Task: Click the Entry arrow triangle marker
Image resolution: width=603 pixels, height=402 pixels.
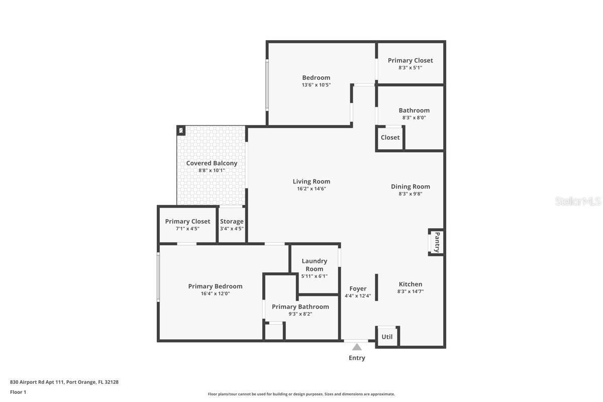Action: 357,347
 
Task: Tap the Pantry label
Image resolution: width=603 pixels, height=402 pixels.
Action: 437,242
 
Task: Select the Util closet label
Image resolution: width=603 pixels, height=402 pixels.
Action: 387,337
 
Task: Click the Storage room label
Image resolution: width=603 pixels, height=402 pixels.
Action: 232,221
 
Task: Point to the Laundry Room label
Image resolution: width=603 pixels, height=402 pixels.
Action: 315,265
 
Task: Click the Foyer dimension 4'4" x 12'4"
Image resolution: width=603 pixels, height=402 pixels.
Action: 358,296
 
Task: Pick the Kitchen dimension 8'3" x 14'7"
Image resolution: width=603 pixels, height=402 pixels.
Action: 411,291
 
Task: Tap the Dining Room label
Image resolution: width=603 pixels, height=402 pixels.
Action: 411,186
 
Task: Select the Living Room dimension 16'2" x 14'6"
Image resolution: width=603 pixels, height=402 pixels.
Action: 312,189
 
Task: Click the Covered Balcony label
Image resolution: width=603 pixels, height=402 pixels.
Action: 212,163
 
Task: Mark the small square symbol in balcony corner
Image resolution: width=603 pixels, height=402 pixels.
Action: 181,131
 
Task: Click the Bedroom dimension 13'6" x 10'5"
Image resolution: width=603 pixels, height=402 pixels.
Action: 316,85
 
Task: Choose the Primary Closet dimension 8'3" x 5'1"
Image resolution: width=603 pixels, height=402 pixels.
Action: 410,67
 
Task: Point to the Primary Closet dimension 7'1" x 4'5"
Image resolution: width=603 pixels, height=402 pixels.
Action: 187,229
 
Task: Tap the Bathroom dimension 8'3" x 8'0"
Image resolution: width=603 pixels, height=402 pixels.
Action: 414,118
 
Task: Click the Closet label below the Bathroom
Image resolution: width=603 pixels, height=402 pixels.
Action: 390,137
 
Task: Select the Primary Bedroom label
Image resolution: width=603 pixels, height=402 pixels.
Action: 215,286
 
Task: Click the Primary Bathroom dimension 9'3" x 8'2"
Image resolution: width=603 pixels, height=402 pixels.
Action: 300,314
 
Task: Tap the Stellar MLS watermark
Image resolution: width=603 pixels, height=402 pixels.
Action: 577,201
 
